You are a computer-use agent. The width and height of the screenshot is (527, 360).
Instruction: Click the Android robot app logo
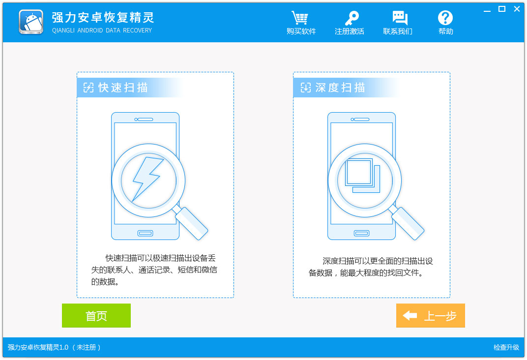(x=31, y=22)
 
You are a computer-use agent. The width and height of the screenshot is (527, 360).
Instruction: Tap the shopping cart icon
(x=300, y=18)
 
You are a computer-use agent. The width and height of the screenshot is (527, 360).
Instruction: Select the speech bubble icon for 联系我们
(x=400, y=18)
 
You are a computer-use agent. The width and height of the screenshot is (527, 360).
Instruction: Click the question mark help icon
(x=445, y=18)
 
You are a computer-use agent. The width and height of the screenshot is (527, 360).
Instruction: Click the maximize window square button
(x=502, y=9)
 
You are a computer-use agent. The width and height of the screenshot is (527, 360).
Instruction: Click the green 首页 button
(x=96, y=315)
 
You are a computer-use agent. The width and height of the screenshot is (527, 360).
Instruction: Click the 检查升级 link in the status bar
(x=506, y=347)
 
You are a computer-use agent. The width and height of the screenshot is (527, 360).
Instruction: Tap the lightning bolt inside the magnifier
(x=147, y=178)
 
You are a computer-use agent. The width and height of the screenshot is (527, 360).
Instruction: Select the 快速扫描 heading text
(x=123, y=88)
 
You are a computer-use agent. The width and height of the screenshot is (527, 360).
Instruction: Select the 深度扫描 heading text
(x=340, y=88)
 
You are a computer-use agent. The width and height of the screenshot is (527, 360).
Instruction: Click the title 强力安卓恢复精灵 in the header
(x=103, y=18)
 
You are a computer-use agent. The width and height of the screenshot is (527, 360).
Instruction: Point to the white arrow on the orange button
(x=410, y=315)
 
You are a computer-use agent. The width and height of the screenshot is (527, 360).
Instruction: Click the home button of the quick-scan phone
(x=145, y=233)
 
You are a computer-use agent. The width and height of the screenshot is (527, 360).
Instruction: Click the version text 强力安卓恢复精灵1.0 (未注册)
(x=54, y=347)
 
